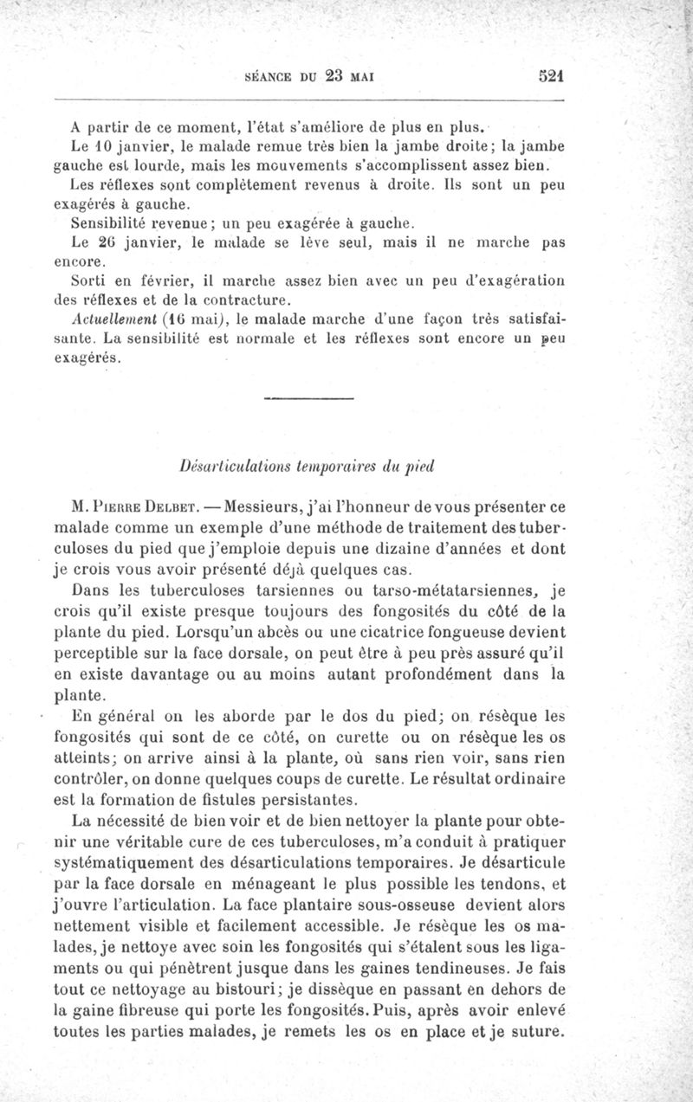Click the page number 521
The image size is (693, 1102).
click(x=551, y=74)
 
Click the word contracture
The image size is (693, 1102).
click(x=249, y=301)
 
